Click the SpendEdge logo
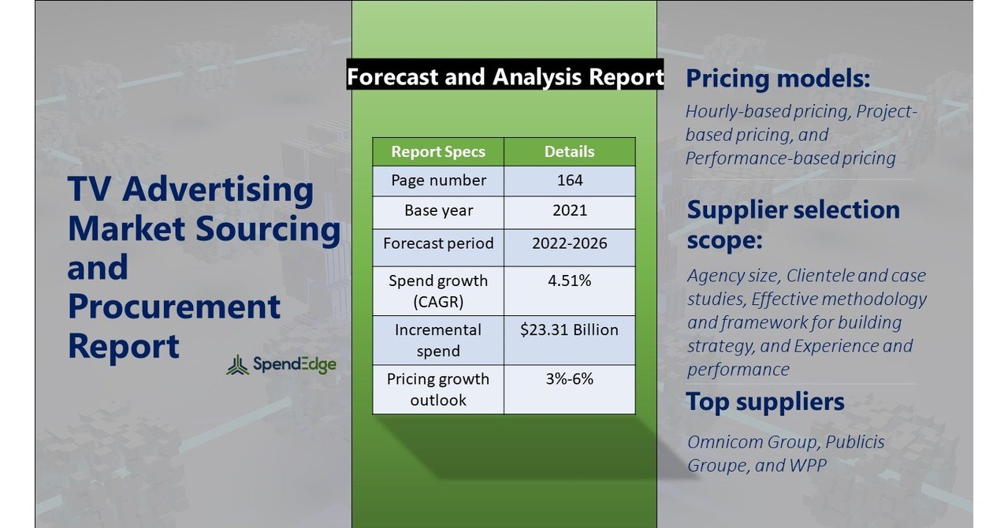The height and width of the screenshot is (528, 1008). pyautogui.click(x=281, y=365)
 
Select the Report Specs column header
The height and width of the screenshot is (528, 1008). pyautogui.click(x=438, y=151)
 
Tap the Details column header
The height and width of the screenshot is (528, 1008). pyautogui.click(x=569, y=151)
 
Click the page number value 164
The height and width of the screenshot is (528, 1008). pyautogui.click(x=569, y=180)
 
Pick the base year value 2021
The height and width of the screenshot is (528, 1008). pyautogui.click(x=569, y=211)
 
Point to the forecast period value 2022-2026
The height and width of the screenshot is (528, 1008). pyautogui.click(x=569, y=243)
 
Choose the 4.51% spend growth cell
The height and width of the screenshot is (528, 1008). pyautogui.click(x=569, y=281)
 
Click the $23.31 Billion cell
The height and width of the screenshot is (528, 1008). pyautogui.click(x=569, y=330)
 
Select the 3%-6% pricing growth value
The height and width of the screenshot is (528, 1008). pyautogui.click(x=569, y=379)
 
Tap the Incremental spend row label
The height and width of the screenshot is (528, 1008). pyautogui.click(x=438, y=340)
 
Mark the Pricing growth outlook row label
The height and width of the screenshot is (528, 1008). pyautogui.click(x=438, y=389)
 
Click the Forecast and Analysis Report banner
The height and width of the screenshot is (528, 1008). pyautogui.click(x=505, y=76)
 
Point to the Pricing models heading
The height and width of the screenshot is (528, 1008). pyautogui.click(x=778, y=78)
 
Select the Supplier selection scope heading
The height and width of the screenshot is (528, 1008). pyautogui.click(x=793, y=224)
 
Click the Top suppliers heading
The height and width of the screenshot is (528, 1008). pyautogui.click(x=764, y=402)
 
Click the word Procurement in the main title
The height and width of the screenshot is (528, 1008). pyautogui.click(x=173, y=307)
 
